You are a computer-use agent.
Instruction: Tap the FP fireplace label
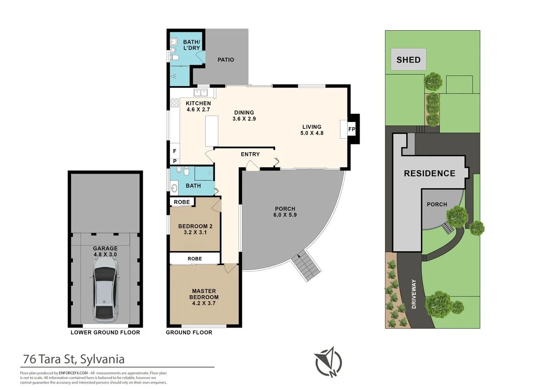click(351, 129)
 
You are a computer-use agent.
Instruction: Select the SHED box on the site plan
click(408, 59)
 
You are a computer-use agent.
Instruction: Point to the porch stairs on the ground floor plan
click(307, 267)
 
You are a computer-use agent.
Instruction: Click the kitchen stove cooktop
click(175, 103)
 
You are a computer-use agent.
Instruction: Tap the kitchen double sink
click(201, 92)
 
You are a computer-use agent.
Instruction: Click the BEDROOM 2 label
click(195, 229)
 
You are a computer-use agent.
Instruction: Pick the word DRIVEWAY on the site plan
click(414, 294)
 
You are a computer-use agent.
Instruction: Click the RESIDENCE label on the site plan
click(430, 173)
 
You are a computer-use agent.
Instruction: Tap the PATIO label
click(226, 59)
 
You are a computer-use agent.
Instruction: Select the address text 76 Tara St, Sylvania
click(74, 359)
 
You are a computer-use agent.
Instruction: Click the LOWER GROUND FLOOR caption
click(105, 332)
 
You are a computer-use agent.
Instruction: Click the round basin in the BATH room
click(175, 187)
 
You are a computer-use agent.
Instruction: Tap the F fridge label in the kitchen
click(175, 151)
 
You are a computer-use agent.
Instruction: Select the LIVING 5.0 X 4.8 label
click(312, 130)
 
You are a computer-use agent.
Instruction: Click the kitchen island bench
click(212, 131)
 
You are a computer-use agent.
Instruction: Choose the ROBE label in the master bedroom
click(195, 258)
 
